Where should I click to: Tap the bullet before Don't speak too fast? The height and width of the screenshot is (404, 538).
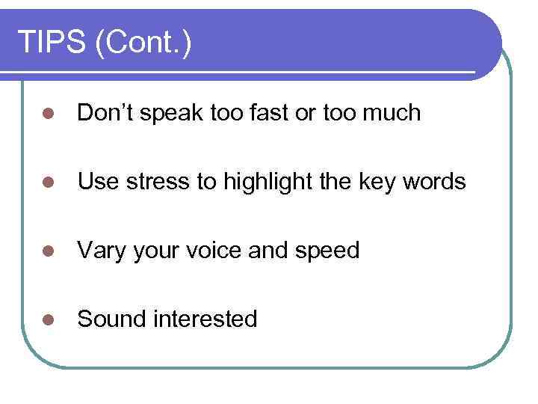pos(47,114)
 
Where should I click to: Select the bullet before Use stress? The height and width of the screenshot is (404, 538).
pos(47,183)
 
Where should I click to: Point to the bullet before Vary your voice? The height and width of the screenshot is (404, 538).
pos(47,251)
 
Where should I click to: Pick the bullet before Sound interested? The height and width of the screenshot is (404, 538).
pos(47,320)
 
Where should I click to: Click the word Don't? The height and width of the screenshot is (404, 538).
pos(105,113)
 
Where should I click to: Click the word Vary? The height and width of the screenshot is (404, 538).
pos(102,251)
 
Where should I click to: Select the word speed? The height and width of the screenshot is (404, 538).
pos(326,251)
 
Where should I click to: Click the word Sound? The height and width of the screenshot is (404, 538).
pos(112,319)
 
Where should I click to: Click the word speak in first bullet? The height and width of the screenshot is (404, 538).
pos(169,113)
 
